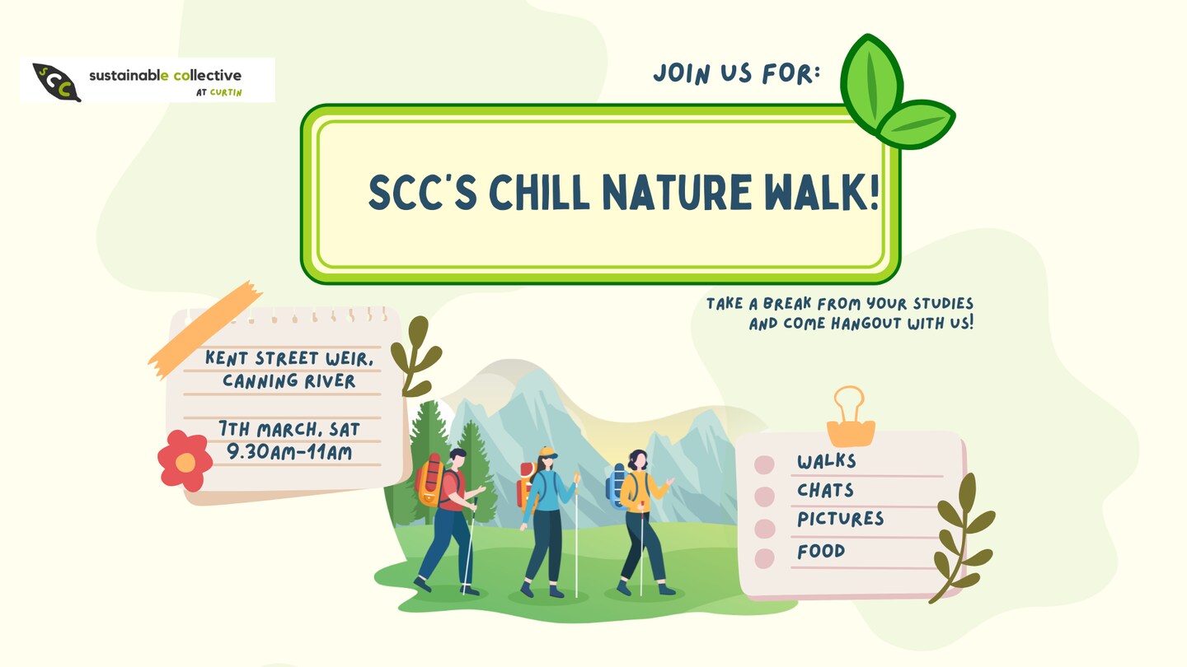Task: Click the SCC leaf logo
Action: tap(56, 82)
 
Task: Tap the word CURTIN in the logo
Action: tap(226, 92)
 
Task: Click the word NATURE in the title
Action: tap(677, 192)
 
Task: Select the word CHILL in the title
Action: tap(539, 192)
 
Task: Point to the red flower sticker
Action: tap(185, 460)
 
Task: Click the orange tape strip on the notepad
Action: tap(205, 329)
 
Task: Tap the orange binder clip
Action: tap(851, 417)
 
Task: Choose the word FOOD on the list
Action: tap(821, 552)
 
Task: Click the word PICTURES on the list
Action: tap(841, 519)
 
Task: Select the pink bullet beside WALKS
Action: tap(764, 464)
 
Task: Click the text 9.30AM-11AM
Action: tap(289, 452)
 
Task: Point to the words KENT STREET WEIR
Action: tap(289, 358)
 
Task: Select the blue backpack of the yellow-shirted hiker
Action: tap(617, 486)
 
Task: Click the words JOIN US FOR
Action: tap(737, 73)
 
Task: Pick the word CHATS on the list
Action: tap(825, 490)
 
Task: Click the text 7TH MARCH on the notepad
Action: tap(270, 429)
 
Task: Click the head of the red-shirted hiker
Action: tap(457, 459)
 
